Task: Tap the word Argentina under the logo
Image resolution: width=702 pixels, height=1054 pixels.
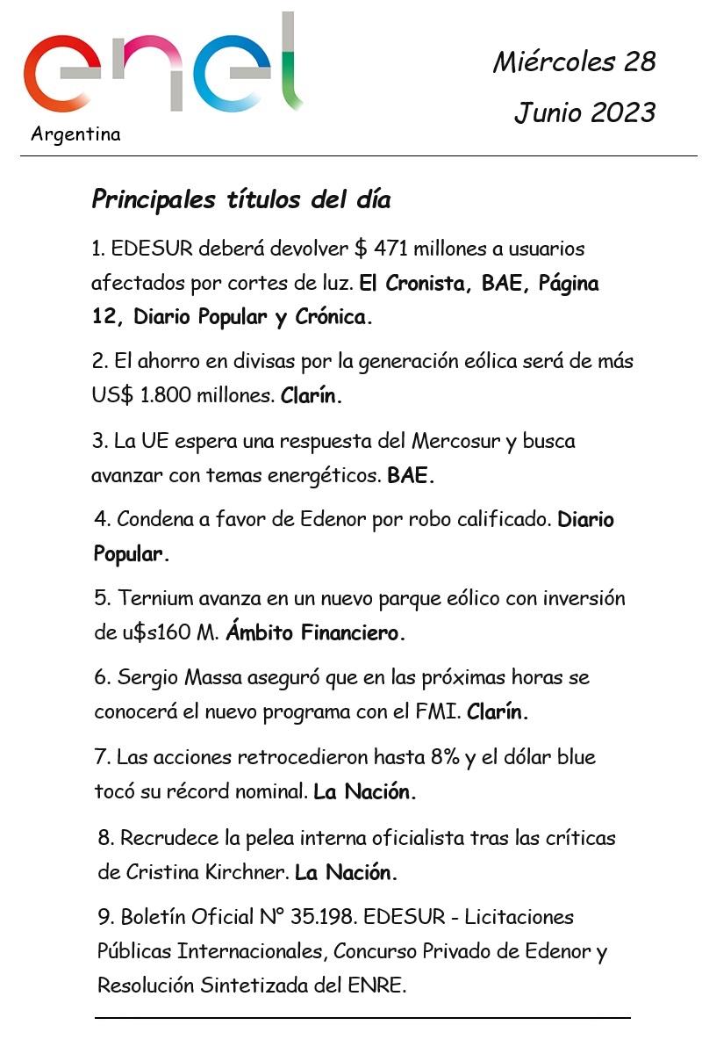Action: point(75,134)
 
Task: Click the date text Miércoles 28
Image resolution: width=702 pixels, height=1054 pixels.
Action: point(574,61)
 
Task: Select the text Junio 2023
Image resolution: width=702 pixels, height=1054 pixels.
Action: point(584,112)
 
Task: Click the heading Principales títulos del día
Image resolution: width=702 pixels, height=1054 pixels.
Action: point(240,199)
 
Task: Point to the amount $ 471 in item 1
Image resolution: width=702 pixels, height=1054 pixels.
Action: point(383,249)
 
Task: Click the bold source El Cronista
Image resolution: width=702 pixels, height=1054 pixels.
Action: point(414,284)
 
